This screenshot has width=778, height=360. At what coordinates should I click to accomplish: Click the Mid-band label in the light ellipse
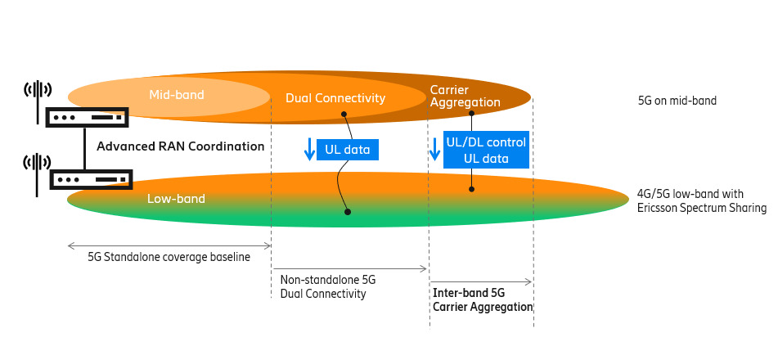click(x=176, y=96)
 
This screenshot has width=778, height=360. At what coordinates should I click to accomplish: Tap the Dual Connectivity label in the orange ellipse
click(x=335, y=98)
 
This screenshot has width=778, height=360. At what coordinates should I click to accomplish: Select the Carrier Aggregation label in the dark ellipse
click(x=465, y=96)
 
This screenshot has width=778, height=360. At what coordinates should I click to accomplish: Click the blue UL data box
click(x=349, y=150)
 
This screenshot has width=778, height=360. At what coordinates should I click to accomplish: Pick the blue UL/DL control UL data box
click(x=486, y=151)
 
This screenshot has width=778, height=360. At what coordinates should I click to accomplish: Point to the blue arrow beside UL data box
click(x=309, y=150)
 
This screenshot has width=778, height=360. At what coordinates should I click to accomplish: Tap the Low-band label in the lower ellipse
click(x=176, y=199)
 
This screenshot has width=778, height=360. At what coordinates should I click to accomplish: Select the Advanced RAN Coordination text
click(x=180, y=146)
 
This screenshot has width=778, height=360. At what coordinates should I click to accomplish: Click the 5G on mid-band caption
click(x=677, y=101)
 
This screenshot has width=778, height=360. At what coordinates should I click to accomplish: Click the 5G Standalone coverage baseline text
click(x=169, y=257)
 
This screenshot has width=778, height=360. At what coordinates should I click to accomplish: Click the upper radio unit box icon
click(x=87, y=118)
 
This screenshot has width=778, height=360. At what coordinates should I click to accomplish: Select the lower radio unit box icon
click(x=91, y=178)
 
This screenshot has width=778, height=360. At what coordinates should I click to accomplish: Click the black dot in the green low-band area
click(x=348, y=212)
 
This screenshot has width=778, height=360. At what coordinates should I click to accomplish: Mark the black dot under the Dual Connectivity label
click(x=344, y=114)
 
